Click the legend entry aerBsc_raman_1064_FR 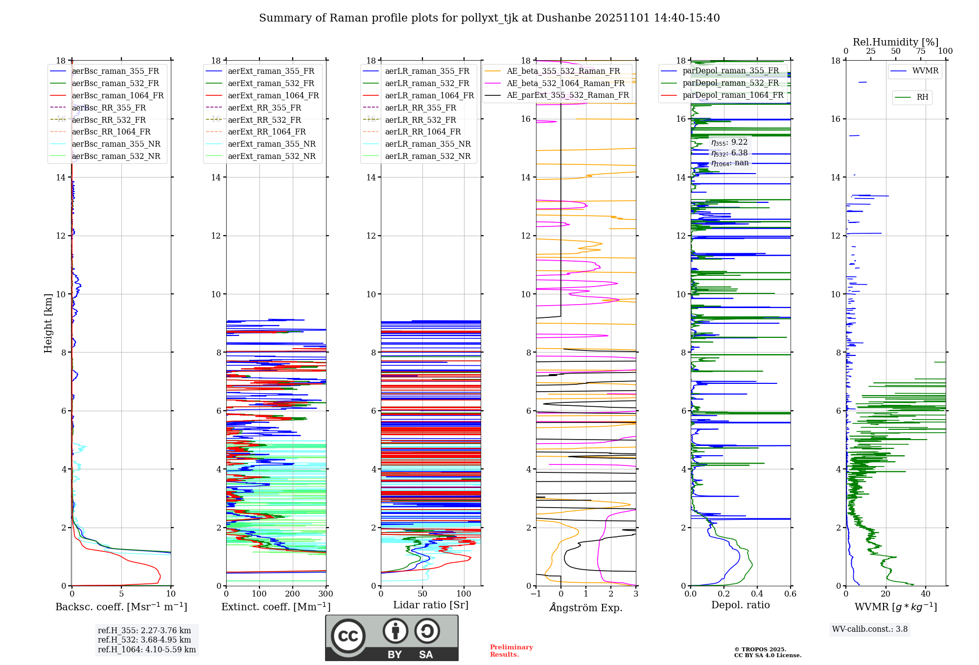(x=117, y=96)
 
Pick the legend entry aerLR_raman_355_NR (x=427, y=144)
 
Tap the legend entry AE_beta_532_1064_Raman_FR (x=565, y=84)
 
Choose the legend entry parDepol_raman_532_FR (x=730, y=83)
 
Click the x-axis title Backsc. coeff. (x=121, y=607)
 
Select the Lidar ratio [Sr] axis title (x=431, y=605)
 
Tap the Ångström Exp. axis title (x=586, y=608)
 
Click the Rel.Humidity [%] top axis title (x=895, y=42)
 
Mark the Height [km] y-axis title (x=48, y=323)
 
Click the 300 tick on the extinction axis (x=326, y=594)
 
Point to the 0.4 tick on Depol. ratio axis (x=757, y=594)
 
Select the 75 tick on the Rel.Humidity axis (x=921, y=51)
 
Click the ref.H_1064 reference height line (x=146, y=650)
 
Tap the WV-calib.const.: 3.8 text (x=870, y=629)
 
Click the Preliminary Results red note (x=511, y=651)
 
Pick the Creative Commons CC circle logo (x=348, y=636)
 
